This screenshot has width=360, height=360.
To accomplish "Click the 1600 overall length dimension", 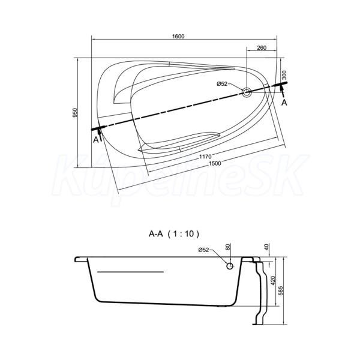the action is (x=178, y=36).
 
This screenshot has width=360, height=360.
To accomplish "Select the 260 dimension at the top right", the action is (x=262, y=48).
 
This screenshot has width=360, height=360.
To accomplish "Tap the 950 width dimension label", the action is (x=75, y=113).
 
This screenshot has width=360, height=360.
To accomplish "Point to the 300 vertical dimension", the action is (x=284, y=75).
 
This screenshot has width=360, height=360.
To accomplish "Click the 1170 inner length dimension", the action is (x=205, y=157).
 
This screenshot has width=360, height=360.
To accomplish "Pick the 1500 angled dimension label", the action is (x=215, y=163).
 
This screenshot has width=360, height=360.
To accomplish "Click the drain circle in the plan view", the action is (x=247, y=92).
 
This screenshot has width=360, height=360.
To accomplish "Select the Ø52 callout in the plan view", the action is (x=222, y=84).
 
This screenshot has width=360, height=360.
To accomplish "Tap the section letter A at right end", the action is (x=284, y=103).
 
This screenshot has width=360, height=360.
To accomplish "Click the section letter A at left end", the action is (x=96, y=139).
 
